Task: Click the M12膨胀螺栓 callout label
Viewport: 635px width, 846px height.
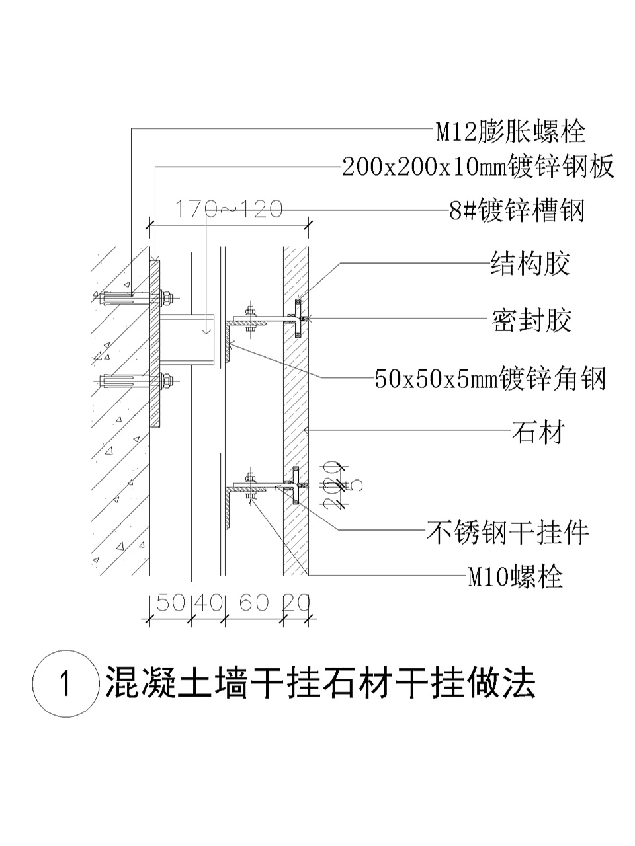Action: pyautogui.click(x=510, y=131)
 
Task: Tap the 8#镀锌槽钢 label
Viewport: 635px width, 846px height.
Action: pyautogui.click(x=517, y=211)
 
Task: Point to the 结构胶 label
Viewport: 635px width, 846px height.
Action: pyautogui.click(x=530, y=264)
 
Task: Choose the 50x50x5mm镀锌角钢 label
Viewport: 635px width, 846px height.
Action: pyautogui.click(x=490, y=379)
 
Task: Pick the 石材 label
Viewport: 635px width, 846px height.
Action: pyautogui.click(x=538, y=433)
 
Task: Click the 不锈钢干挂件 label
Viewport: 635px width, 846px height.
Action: pyautogui.click(x=507, y=531)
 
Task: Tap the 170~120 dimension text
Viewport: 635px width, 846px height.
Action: pyautogui.click(x=228, y=210)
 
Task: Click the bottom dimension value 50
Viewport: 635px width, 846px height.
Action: pyautogui.click(x=170, y=603)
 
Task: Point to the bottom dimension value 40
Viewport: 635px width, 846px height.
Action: pyautogui.click(x=208, y=603)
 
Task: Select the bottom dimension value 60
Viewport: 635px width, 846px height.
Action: pyautogui.click(x=254, y=603)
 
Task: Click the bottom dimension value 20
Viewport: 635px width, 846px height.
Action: pyautogui.click(x=296, y=603)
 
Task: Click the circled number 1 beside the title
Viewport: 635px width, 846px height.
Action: pyautogui.click(x=64, y=683)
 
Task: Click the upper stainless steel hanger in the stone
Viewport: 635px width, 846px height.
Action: pyautogui.click(x=298, y=319)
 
